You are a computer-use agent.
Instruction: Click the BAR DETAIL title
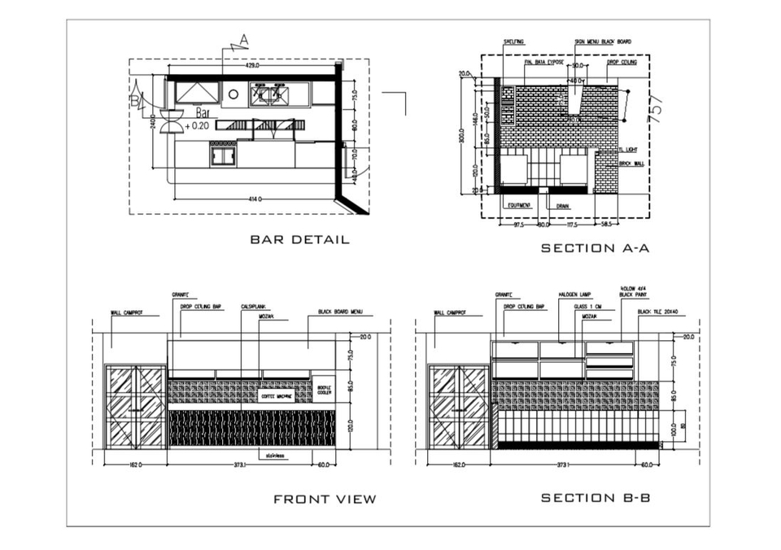pos(299,240)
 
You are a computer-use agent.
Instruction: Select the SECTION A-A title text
pos(595,248)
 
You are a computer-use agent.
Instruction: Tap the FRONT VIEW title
pos(325,499)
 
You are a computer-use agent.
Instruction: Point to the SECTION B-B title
pos(596,498)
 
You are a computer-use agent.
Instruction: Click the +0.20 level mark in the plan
pos(197,126)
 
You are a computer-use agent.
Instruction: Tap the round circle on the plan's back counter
pos(233,94)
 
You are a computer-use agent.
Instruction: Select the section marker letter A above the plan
pos(244,39)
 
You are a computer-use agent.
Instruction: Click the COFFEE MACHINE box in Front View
pos(277,396)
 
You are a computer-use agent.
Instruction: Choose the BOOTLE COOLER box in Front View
pos(324,391)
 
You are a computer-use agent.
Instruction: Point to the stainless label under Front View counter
pos(273,456)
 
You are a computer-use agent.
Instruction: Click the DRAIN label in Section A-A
pos(562,206)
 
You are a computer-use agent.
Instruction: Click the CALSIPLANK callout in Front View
pos(249,307)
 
